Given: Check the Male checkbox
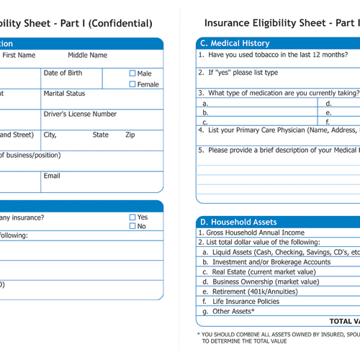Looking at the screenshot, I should [132, 73].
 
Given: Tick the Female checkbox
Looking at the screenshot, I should [132, 84].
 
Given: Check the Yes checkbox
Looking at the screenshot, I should [132, 217].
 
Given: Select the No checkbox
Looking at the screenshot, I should [132, 226].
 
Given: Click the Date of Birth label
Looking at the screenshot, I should [63, 73].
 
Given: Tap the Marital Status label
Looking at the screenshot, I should [65, 94].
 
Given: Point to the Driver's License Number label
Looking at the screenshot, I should [80, 114].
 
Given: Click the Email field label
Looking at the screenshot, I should [52, 176].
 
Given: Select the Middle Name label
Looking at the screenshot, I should [87, 55].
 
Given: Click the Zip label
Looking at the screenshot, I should [130, 135].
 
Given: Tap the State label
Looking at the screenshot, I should [100, 135].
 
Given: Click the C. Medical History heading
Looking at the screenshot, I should [235, 44].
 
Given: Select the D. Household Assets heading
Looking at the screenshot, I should [238, 222].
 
